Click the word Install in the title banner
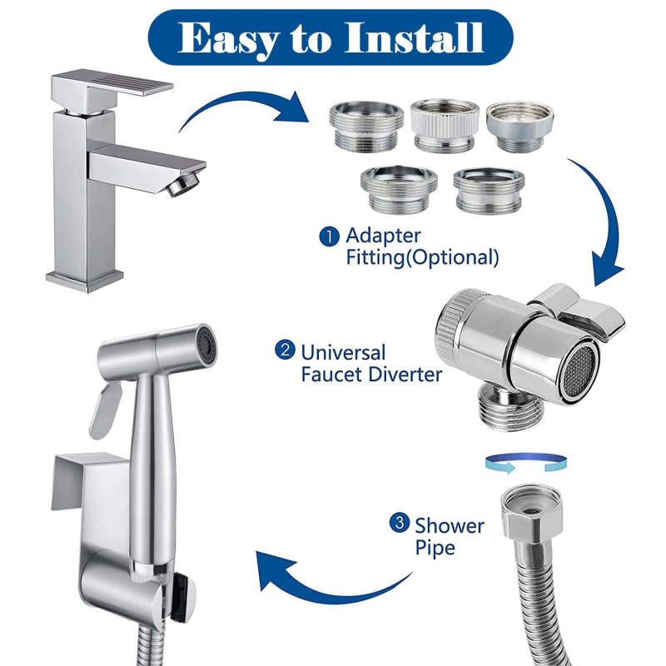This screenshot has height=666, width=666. tap(414, 37)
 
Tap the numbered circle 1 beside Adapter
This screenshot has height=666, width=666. tap(329, 236)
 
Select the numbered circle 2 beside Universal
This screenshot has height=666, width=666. tap(285, 350)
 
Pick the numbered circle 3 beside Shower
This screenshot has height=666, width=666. tap(400, 523)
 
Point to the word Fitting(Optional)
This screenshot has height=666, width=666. tap(422, 257)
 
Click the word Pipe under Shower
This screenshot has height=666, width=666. tap(435, 548)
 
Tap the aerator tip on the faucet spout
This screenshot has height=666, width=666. tap(183, 184)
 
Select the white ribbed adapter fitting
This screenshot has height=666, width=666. tap(445, 125)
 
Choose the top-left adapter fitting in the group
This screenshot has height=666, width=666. tap(366, 127)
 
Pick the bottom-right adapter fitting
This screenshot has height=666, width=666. tap(489, 191)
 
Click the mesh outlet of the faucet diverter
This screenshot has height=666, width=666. tap(580, 371)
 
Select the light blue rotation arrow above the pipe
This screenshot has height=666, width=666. tap(526, 463)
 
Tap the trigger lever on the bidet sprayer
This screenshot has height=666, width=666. tap(105, 410)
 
